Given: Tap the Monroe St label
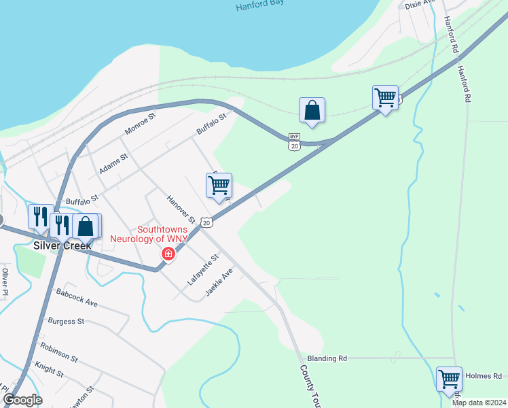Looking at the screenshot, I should tap(141, 124).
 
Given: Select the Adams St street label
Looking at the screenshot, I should tap(113, 164).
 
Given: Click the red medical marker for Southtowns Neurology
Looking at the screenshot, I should tap(167, 254).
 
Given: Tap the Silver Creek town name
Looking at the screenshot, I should tap(62, 245).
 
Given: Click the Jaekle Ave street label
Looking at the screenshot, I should tap(220, 279).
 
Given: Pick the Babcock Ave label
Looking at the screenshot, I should tap(77, 297).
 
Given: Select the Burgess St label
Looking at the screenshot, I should tap(66, 320).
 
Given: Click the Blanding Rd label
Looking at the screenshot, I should tap(327, 358).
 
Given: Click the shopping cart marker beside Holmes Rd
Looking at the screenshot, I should tap(449, 379).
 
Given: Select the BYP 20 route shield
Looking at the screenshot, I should tap(294, 141).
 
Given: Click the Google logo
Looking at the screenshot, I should tap(22, 400).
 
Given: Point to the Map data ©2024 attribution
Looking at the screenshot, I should tap(478, 403).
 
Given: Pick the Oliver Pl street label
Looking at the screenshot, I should tap(5, 282).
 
